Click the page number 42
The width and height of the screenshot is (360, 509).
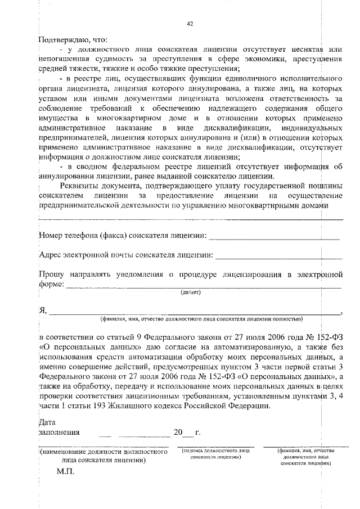point(190,24)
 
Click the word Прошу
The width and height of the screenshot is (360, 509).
point(49,274)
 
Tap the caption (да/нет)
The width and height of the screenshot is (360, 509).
point(190,292)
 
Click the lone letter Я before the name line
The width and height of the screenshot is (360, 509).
point(42,310)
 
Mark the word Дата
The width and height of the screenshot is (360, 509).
point(47,422)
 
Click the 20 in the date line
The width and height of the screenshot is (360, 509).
point(178,433)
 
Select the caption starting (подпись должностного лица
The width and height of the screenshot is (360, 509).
point(212,454)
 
